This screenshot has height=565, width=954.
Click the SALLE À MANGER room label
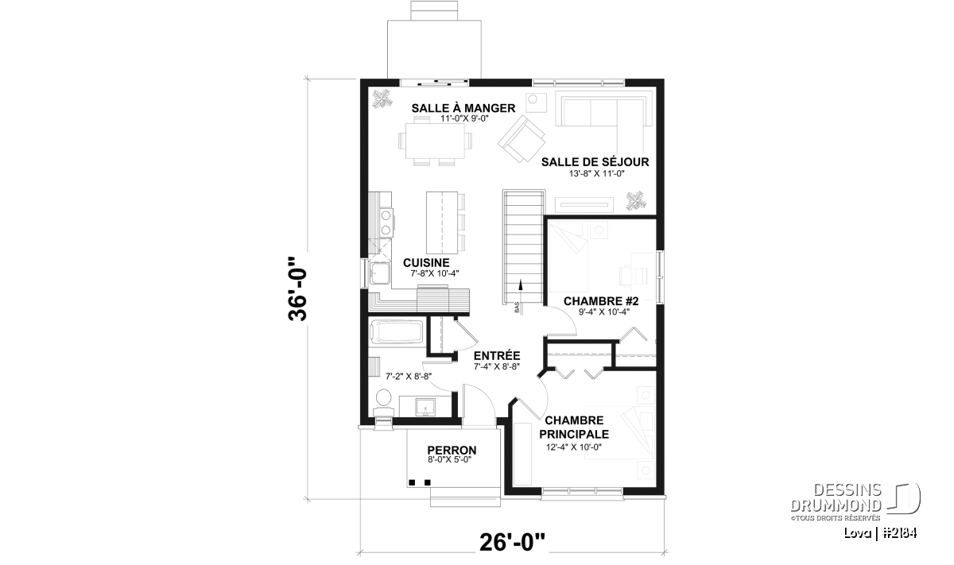463,108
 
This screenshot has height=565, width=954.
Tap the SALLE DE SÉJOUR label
595,162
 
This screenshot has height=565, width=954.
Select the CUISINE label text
426,263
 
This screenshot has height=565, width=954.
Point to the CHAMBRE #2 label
601,301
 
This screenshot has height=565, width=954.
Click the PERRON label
452,450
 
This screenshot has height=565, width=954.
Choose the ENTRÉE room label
497,355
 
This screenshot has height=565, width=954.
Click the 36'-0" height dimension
297,288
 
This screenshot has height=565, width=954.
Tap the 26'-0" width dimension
512,543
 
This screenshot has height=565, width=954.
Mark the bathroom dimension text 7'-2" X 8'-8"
409,377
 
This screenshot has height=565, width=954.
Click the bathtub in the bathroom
397,332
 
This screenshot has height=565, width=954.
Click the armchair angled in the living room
522,139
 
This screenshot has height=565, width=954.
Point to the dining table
434,141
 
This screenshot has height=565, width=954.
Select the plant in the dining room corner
382,99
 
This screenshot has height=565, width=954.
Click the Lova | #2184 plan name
881,534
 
